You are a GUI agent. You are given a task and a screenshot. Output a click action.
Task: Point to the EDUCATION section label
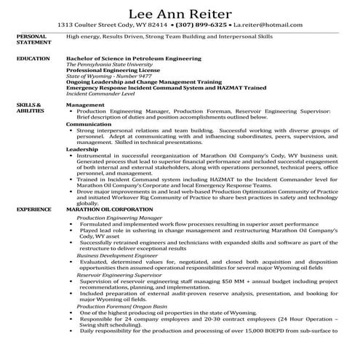33,57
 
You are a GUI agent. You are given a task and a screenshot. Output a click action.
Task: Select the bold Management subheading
84,105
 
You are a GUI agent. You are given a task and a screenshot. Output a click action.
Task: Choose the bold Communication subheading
89,124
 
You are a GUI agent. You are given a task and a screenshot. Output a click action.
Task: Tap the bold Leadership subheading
81,148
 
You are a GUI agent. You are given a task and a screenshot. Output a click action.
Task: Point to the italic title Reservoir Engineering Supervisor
119,276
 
